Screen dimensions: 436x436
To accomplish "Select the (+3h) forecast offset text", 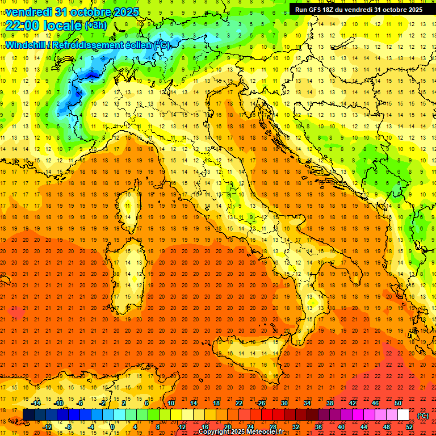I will tap(95, 25).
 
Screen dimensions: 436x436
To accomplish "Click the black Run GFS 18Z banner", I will tap(359, 9).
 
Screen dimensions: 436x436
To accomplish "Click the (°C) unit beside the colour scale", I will tap(423, 416).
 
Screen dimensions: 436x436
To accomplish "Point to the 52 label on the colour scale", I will tap(409, 427).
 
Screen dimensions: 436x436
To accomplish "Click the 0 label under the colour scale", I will tap(112, 427).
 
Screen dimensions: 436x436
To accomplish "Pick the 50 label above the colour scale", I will tap(398, 403).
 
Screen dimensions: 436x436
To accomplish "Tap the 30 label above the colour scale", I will tap(284, 403).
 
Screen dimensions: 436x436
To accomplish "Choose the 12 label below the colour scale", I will tap(182, 427).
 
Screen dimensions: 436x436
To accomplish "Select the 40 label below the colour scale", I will tap(341, 427).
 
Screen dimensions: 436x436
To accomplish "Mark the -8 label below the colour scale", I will tap(69, 427).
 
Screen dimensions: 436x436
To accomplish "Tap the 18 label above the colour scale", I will tap(216, 403).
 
